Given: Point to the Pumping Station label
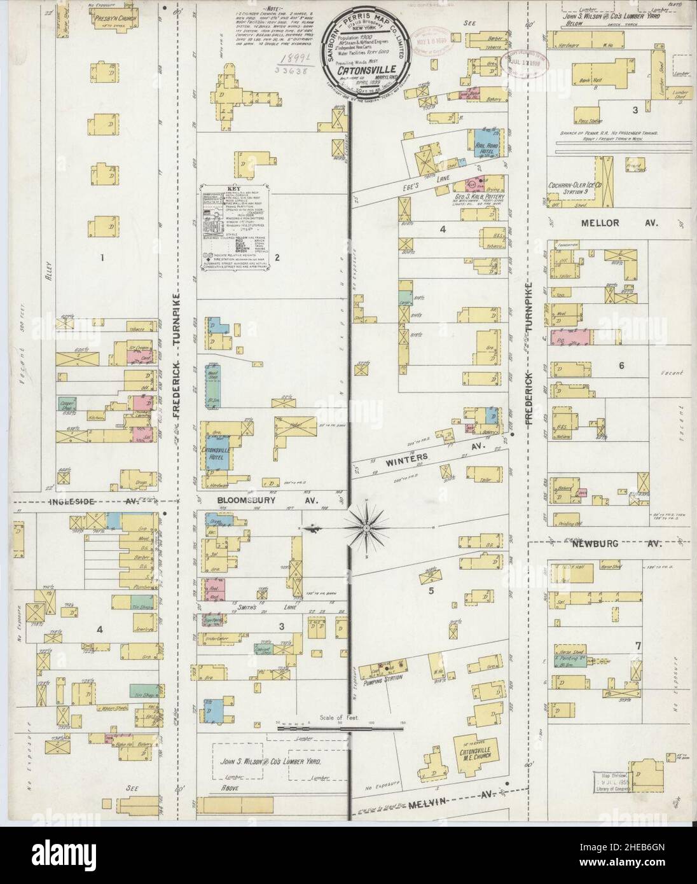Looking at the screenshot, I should pyautogui.click(x=382, y=679).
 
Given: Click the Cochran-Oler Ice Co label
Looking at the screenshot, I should pyautogui.click(x=575, y=186).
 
